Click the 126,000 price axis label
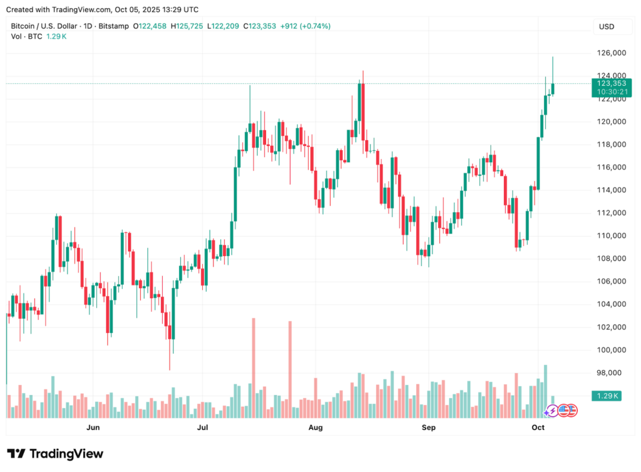click(610, 53)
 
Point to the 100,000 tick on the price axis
click(610, 350)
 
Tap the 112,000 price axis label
click(610, 213)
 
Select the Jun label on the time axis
click(93, 428)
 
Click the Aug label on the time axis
click(315, 428)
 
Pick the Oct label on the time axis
click(538, 428)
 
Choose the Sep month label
click(428, 428)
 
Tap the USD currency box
click(607, 27)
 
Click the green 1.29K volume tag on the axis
click(607, 396)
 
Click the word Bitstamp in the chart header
click(114, 26)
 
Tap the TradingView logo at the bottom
click(55, 454)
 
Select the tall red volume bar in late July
click(290, 369)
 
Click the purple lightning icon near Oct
click(551, 411)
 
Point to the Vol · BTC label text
click(26, 37)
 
